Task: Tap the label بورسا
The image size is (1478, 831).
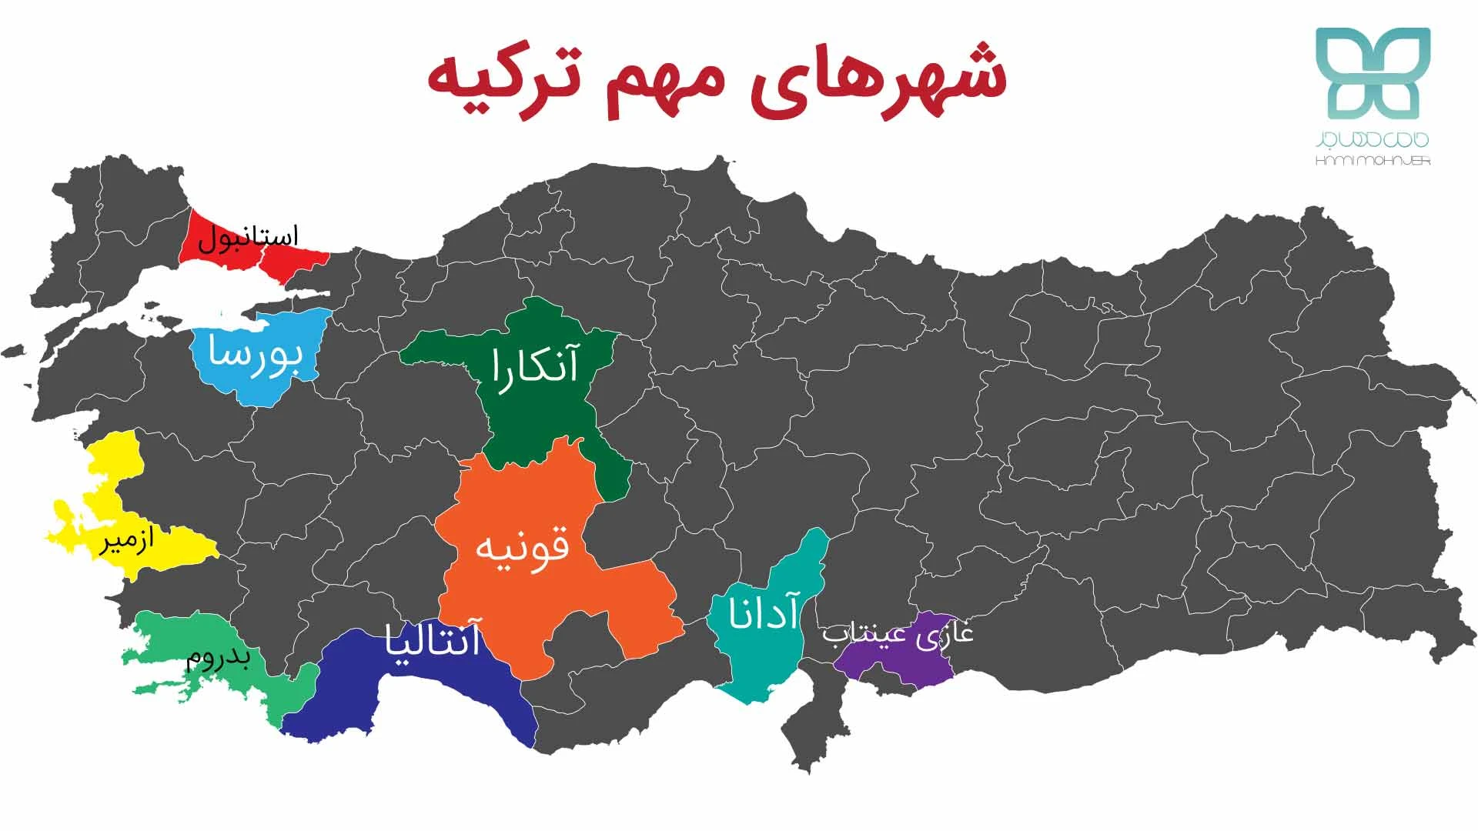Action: pos(255,356)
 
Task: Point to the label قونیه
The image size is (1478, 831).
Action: pos(523,547)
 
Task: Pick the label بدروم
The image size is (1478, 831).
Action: pos(219,659)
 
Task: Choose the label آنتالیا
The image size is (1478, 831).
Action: pos(433,640)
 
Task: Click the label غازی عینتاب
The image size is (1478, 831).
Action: pos(898,634)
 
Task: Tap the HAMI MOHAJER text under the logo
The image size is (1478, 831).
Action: pos(1373,162)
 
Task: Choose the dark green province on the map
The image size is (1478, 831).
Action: pos(539,415)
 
